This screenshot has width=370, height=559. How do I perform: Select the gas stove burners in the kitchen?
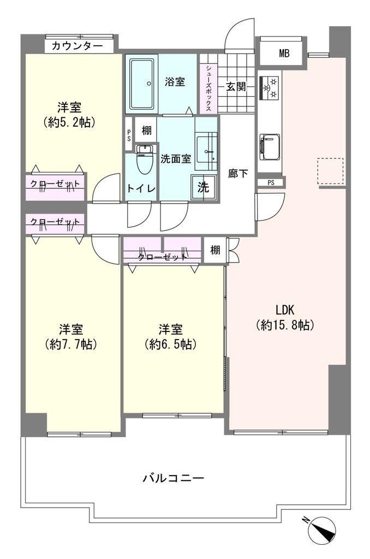(270, 88)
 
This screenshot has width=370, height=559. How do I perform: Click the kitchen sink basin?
(270, 147)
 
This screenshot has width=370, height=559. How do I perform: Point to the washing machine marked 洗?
(204, 188)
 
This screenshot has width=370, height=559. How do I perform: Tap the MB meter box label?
(284, 54)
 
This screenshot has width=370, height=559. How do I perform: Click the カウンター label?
(77, 46)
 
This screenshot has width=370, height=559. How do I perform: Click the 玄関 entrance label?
(236, 87)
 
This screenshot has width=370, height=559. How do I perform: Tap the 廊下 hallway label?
(238, 174)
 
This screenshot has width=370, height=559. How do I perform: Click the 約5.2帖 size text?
(69, 122)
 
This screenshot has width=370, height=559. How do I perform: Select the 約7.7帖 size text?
(71, 344)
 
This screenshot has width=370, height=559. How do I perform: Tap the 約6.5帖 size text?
(171, 344)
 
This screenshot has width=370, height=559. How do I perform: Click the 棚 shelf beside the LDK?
(215, 250)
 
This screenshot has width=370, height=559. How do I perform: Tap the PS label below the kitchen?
(271, 183)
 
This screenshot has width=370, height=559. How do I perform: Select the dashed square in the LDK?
(331, 171)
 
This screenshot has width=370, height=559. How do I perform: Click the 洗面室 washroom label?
(176, 159)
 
